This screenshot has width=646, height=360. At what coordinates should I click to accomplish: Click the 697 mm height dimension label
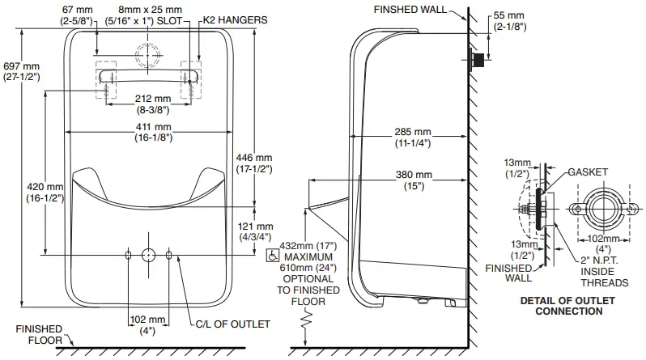click(x=21, y=70)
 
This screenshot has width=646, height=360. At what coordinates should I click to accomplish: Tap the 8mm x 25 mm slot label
click(x=146, y=15)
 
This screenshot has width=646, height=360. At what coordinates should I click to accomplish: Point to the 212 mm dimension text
click(x=152, y=104)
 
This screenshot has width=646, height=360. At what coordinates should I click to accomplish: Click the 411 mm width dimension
click(x=152, y=133)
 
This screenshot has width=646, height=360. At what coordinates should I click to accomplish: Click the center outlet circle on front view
click(x=148, y=255)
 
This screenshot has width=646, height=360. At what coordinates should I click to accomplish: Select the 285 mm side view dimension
click(x=412, y=138)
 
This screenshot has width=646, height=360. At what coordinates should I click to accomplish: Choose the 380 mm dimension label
click(x=412, y=180)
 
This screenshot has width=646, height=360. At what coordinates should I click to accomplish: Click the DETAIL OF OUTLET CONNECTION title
click(x=570, y=305)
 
